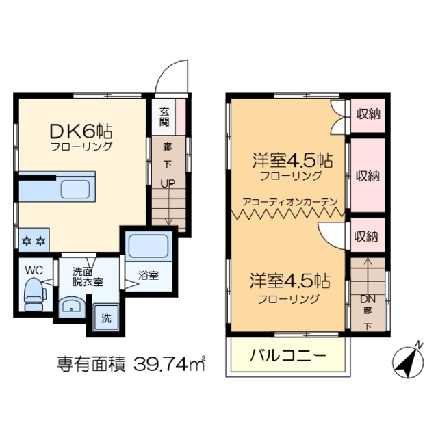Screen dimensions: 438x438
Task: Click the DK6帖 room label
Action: (81, 130)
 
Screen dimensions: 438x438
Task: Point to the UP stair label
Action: (168, 183)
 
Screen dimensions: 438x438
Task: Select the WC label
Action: (34, 270)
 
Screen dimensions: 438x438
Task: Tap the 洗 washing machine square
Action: (106, 318)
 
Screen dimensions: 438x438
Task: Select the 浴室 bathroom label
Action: (149, 275)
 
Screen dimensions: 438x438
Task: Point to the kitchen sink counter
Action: (79, 187)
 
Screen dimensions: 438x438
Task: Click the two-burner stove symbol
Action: (34, 240)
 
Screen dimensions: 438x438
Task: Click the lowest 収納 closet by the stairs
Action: (366, 237)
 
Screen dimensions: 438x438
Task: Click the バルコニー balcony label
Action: (288, 356)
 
